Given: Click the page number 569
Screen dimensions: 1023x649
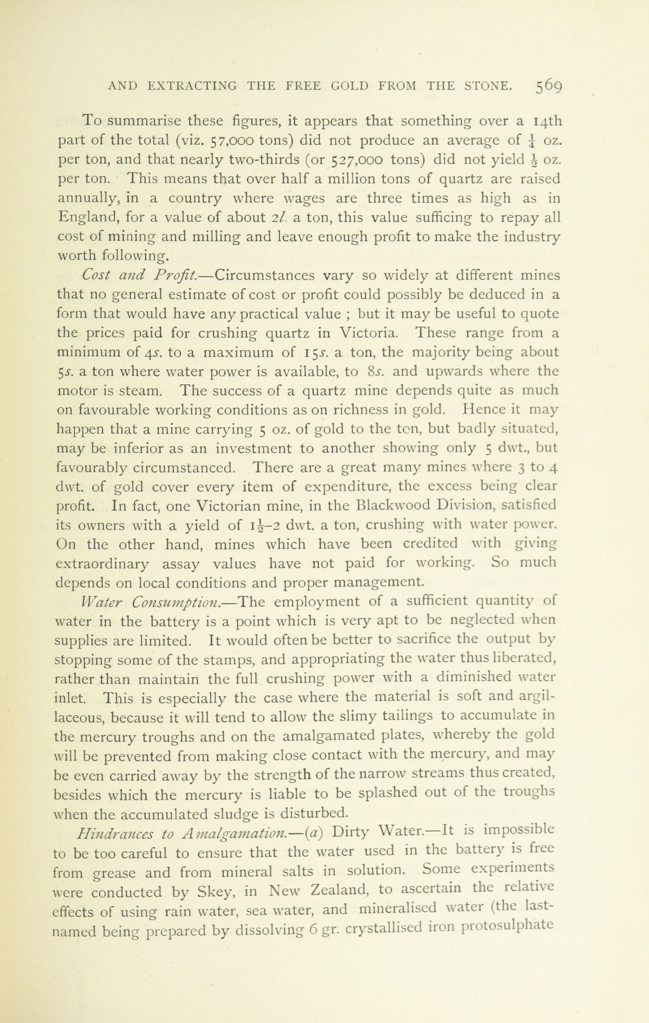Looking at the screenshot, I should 549,86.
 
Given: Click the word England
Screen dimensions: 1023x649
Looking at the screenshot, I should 88,217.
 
